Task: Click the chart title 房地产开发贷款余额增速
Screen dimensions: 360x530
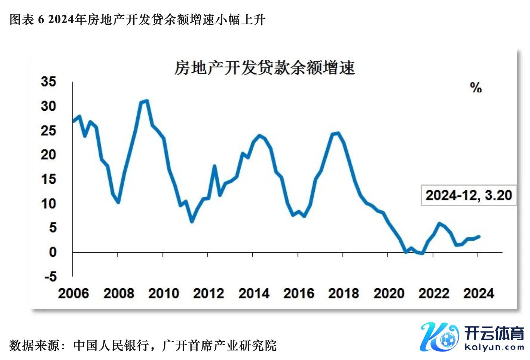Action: click(265, 68)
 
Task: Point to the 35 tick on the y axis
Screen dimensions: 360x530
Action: click(49, 82)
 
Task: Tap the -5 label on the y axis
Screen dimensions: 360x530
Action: click(50, 277)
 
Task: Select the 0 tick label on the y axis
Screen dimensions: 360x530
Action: click(53, 252)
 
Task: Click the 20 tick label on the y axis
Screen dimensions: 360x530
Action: click(49, 155)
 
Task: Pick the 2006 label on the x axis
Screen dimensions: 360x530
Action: click(73, 294)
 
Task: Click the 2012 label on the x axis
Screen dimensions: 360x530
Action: click(209, 294)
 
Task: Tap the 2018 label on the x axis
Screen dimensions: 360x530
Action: click(343, 294)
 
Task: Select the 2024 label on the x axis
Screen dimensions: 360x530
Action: click(479, 294)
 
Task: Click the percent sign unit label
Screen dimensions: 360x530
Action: click(476, 88)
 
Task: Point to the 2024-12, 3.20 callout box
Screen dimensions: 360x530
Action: click(469, 195)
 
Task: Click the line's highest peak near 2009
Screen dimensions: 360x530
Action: click(146, 101)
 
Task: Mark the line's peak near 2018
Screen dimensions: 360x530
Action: click(338, 134)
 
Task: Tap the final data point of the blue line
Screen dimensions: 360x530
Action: click(479, 236)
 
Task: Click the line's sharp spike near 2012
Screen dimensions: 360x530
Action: click(214, 166)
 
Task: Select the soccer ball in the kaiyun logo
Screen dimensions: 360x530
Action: click(448, 340)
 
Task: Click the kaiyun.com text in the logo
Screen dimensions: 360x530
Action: click(494, 347)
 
